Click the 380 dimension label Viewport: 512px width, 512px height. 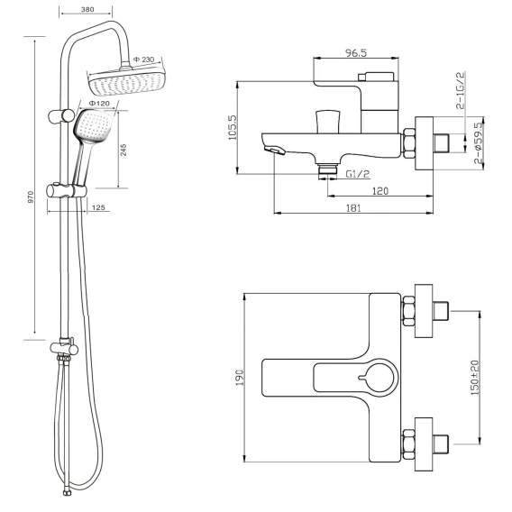pos(87,10)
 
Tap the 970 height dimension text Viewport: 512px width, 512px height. pos(31,197)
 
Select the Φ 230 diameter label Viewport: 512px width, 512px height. pos(143,59)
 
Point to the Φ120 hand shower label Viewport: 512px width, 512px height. pos(99,104)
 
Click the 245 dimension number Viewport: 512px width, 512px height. pos(123,150)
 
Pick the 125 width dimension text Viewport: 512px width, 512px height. pos(98,207)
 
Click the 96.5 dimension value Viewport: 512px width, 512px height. pos(356,52)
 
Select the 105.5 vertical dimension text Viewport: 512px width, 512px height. pos(233,127)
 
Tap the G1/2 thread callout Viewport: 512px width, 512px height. pos(358,174)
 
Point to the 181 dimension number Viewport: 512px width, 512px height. pos(353,208)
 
